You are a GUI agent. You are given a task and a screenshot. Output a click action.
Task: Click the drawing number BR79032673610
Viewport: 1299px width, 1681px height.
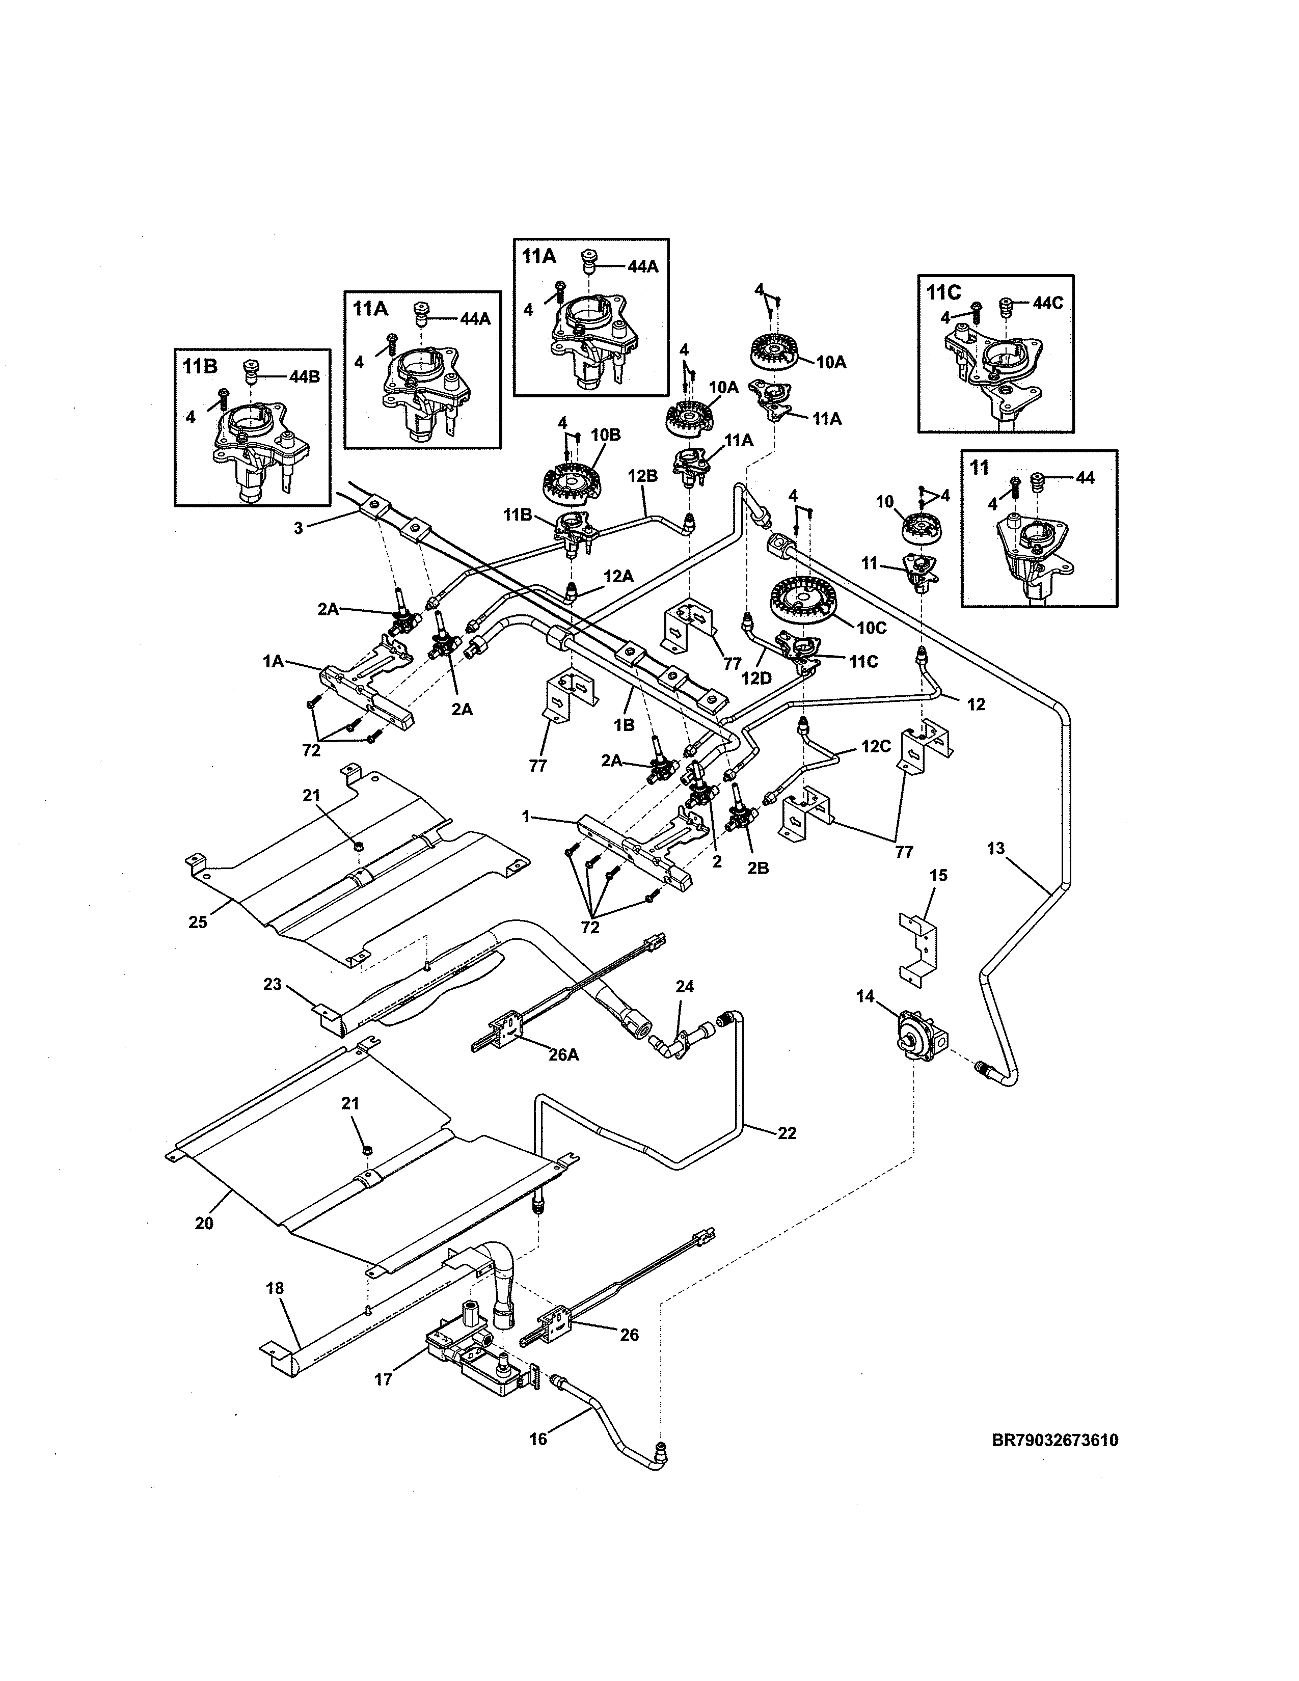pyautogui.click(x=1055, y=1440)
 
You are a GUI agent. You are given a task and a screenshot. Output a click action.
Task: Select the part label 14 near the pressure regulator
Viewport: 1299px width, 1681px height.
pyautogui.click(x=865, y=997)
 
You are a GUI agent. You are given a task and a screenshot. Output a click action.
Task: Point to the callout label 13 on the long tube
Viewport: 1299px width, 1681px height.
pyautogui.click(x=996, y=848)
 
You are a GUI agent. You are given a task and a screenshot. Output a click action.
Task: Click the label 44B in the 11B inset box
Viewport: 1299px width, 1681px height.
pyautogui.click(x=304, y=376)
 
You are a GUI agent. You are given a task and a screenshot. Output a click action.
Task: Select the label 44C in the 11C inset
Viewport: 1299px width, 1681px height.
pyautogui.click(x=1047, y=303)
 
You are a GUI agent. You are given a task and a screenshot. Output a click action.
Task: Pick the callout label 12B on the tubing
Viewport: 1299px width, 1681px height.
pyautogui.click(x=642, y=476)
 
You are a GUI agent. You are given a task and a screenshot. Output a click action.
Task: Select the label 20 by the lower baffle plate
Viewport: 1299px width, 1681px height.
pyautogui.click(x=204, y=1222)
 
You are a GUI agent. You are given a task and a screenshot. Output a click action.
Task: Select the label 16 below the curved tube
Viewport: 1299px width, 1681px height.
pyautogui.click(x=538, y=1438)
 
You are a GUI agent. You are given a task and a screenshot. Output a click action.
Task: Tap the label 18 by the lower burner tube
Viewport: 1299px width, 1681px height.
pyautogui.click(x=275, y=1288)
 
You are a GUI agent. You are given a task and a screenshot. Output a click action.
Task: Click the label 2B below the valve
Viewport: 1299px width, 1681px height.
pyautogui.click(x=758, y=868)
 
